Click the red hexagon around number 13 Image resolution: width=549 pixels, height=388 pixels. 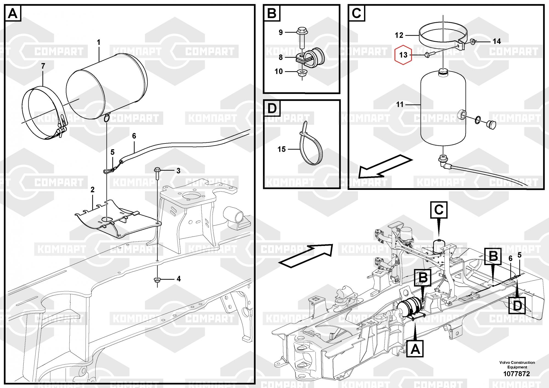pyautogui.click(x=403, y=55)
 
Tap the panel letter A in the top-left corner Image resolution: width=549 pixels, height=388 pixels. pyautogui.click(x=13, y=13)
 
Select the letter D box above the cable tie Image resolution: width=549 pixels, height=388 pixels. pyautogui.click(x=272, y=108)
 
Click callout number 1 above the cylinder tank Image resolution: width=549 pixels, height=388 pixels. pyautogui.click(x=99, y=42)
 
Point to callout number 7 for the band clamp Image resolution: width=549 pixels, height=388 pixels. pyautogui.click(x=43, y=66)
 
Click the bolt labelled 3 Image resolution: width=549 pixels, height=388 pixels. pyautogui.click(x=158, y=173)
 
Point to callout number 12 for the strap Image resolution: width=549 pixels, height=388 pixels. pyautogui.click(x=399, y=35)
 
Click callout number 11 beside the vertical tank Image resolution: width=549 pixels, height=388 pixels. pyautogui.click(x=400, y=104)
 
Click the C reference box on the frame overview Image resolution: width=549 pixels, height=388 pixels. pyautogui.click(x=439, y=210)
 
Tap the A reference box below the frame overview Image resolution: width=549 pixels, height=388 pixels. pyautogui.click(x=415, y=349)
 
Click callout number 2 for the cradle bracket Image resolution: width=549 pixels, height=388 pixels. pyautogui.click(x=93, y=190)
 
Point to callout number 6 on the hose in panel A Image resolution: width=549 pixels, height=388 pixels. pyautogui.click(x=134, y=136)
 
